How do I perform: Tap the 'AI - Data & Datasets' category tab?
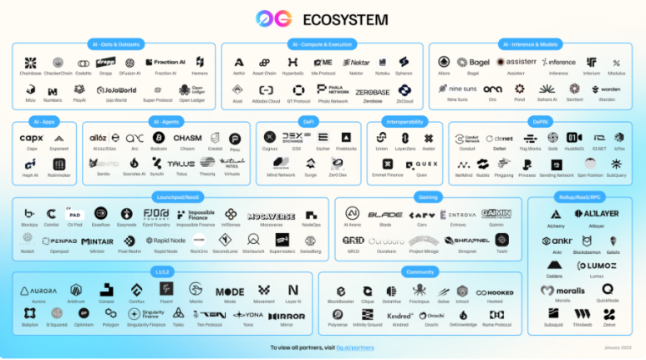(x=114, y=43)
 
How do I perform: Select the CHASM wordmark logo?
(x=187, y=138)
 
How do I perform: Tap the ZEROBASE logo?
(x=373, y=91)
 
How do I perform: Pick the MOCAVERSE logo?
(x=271, y=215)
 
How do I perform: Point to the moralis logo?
(x=557, y=290)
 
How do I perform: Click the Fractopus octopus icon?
(x=420, y=290)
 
